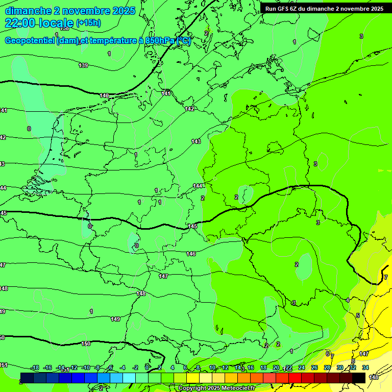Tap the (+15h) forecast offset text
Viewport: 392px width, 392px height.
(x=88, y=23)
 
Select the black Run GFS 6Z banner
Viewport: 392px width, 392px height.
(x=324, y=9)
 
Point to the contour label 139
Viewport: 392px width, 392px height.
(x=83, y=65)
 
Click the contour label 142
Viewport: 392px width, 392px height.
(x=189, y=109)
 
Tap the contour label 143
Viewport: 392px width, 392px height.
(x=196, y=141)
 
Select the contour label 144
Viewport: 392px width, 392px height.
(x=198, y=186)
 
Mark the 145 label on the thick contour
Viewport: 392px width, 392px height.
(x=192, y=226)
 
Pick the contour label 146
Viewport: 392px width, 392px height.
(x=191, y=254)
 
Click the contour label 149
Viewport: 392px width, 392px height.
(x=115, y=319)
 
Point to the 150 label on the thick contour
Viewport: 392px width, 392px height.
(x=86, y=344)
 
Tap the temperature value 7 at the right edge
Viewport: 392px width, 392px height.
(x=386, y=277)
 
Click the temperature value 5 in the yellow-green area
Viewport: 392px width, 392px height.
(x=358, y=315)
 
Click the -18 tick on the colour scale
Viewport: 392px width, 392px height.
(x=35, y=367)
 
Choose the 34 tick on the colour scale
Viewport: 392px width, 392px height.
(x=365, y=367)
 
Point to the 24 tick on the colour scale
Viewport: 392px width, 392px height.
(x=301, y=367)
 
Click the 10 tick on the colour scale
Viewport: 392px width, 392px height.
(x=212, y=367)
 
